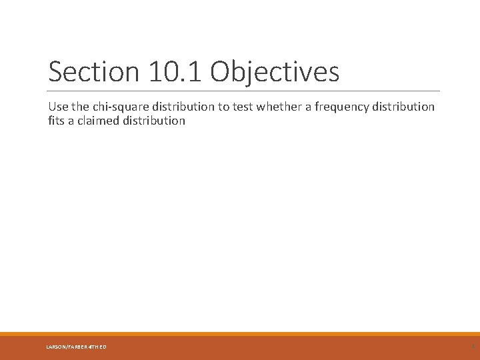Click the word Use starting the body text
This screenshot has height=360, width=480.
pyautogui.click(x=58, y=107)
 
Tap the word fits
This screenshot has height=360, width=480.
pyautogui.click(x=57, y=121)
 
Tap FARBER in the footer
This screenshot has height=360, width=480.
pyautogui.click(x=77, y=347)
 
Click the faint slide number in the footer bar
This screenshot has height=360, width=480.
pyautogui.click(x=472, y=346)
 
